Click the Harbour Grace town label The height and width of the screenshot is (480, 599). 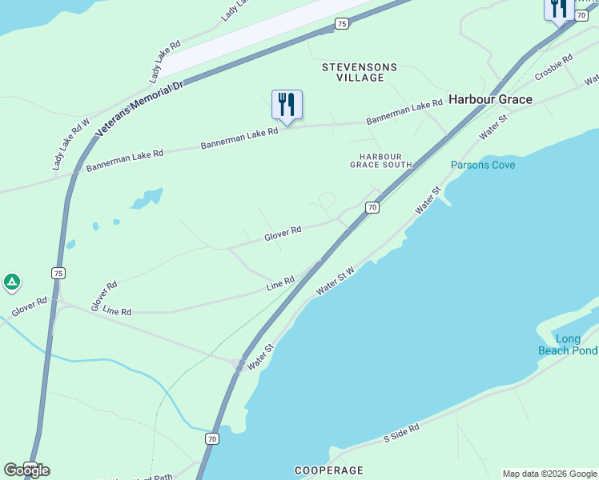[x=490, y=99]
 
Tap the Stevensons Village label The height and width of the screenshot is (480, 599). [x=353, y=72]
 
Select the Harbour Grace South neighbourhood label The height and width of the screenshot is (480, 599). [x=380, y=160]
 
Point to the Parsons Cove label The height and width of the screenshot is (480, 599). [x=483, y=165]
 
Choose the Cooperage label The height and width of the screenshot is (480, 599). [x=328, y=470]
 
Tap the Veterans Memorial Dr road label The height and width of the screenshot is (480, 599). [x=139, y=108]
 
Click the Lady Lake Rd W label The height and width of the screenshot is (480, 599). [x=70, y=145]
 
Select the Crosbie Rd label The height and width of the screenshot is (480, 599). [x=553, y=66]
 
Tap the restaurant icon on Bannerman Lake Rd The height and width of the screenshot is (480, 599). [x=287, y=104]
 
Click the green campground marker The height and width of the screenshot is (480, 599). [x=11, y=282]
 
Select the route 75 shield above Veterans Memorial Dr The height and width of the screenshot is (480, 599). [x=342, y=24]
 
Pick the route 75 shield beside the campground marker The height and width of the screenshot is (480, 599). [x=58, y=273]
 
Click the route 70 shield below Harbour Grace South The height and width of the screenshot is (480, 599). [x=372, y=207]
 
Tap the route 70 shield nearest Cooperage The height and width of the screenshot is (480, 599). [x=211, y=438]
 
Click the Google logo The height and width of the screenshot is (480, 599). [x=26, y=470]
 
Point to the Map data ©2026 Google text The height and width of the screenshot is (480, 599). [x=549, y=474]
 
